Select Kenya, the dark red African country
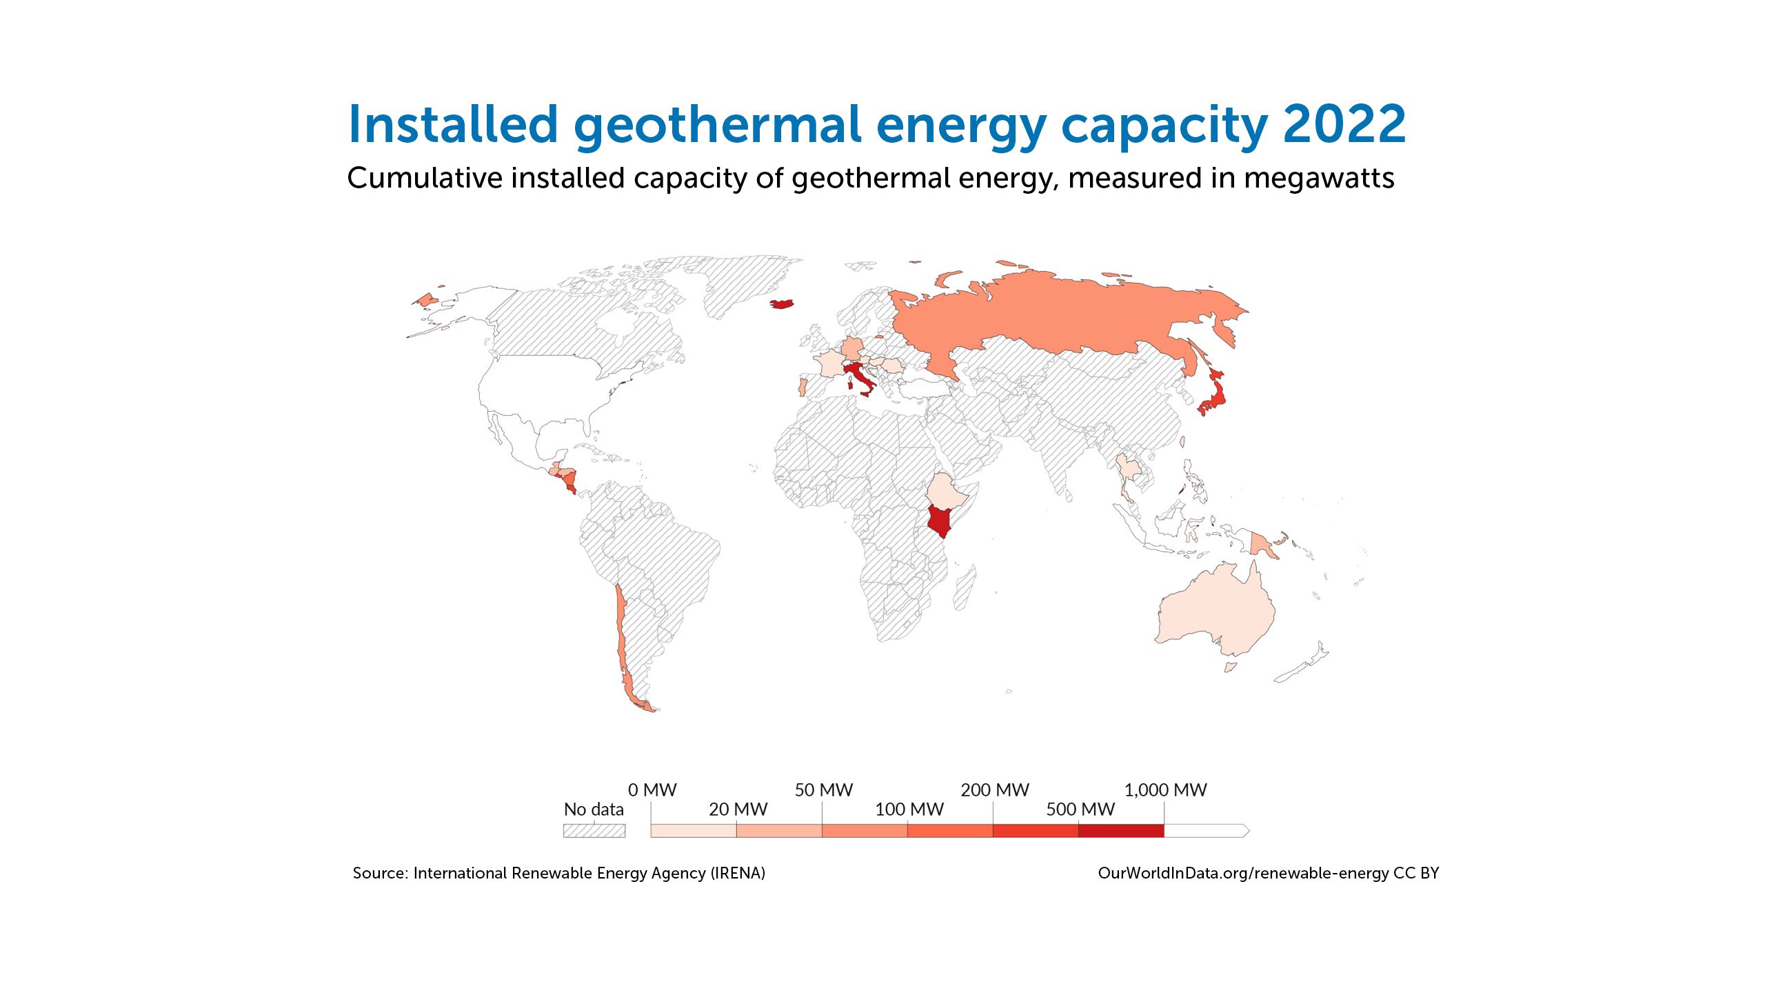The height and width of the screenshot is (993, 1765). point(940,520)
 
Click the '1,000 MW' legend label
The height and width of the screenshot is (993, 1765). point(1165,790)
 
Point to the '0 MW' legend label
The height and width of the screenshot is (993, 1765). point(652,790)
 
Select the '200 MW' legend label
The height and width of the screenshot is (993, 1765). point(994,790)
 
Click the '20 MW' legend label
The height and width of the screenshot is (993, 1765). point(738,810)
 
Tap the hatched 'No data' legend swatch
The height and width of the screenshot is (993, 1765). point(594,830)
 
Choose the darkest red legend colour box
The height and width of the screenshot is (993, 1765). point(1121,830)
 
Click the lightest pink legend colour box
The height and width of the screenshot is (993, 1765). point(694,830)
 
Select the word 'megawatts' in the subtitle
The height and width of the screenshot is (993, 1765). point(1319,178)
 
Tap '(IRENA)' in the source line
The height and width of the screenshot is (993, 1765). point(738,873)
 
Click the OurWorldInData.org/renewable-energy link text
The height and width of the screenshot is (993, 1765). point(1243,873)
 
